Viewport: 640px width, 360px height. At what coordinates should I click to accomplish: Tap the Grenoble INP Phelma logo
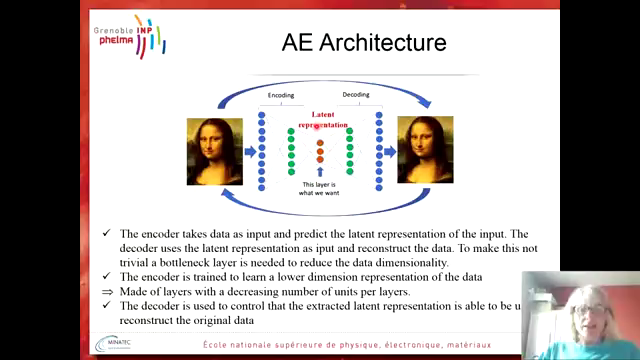coord(131,36)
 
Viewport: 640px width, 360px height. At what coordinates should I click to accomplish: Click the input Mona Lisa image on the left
coord(214,150)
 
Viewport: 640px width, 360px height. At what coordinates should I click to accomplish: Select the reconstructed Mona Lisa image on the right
coord(425,150)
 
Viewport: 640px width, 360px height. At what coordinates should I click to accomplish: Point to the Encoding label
coord(281,96)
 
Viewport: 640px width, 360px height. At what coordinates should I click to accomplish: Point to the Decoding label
coord(356,96)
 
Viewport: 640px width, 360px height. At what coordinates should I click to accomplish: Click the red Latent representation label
coord(322,120)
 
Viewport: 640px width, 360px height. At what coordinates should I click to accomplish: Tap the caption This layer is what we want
coord(321,189)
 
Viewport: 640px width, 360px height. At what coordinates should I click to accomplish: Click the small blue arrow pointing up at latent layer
coord(320,172)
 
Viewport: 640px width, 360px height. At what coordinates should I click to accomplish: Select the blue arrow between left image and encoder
coord(249,152)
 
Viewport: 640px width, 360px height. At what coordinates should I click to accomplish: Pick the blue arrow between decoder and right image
coord(391,152)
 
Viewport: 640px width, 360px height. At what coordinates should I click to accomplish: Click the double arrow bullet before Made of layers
coord(107,291)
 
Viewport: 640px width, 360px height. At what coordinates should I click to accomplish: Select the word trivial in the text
coord(142,262)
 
